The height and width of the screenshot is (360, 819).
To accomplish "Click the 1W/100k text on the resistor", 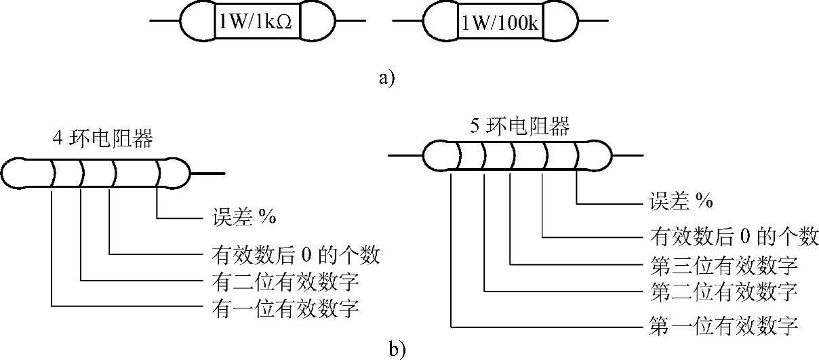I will coord(501,23).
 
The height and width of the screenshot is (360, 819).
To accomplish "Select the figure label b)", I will coord(397,349).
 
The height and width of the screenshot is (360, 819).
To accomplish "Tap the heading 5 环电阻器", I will coord(519,125).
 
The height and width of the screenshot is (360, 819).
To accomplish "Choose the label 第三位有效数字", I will coord(723,264).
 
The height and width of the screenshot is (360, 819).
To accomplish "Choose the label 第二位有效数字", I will coord(723,293).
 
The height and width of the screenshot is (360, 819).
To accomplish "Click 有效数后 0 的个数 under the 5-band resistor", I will coord(733,237).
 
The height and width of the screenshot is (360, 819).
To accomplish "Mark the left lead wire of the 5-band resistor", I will coord(405,157).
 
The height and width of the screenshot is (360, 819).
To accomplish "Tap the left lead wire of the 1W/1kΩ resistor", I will coord(164,22).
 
